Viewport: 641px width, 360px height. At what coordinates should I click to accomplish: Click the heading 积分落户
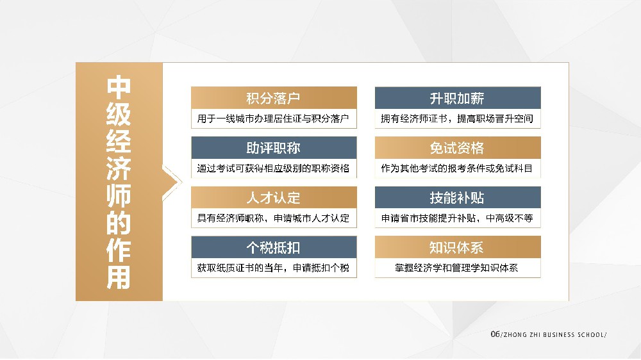pyautogui.click(x=273, y=98)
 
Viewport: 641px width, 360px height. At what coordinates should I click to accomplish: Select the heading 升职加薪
pyautogui.click(x=457, y=98)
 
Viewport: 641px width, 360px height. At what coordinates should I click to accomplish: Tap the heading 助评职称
pyautogui.click(x=273, y=148)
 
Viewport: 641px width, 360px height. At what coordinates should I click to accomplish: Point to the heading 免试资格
pyautogui.click(x=457, y=148)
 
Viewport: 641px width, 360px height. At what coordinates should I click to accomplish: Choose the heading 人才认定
pyautogui.click(x=273, y=198)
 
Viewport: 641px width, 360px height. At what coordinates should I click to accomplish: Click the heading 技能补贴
pyautogui.click(x=457, y=198)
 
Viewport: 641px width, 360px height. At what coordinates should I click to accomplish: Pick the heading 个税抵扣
pyautogui.click(x=273, y=248)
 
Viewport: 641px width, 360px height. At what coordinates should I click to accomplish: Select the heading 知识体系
pyautogui.click(x=456, y=248)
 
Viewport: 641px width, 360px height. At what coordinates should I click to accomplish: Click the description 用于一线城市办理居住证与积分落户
pyautogui.click(x=273, y=119)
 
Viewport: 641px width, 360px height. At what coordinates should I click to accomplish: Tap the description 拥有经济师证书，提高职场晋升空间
pyautogui.click(x=457, y=119)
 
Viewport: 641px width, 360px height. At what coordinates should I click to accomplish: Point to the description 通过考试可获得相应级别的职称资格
pyautogui.click(x=273, y=168)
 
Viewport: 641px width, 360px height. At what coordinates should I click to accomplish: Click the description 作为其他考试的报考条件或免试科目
pyautogui.click(x=457, y=168)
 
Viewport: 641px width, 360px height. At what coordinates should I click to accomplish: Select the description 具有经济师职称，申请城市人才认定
pyautogui.click(x=273, y=218)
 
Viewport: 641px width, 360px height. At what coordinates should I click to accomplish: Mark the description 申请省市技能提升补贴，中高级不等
pyautogui.click(x=457, y=218)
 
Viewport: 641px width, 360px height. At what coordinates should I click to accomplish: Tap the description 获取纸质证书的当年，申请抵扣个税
pyautogui.click(x=273, y=268)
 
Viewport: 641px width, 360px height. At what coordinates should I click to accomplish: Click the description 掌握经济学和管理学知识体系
pyautogui.click(x=456, y=268)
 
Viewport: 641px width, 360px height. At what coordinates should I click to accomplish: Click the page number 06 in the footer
pyautogui.click(x=495, y=334)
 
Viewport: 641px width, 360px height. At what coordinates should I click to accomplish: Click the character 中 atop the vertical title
pyautogui.click(x=119, y=87)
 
